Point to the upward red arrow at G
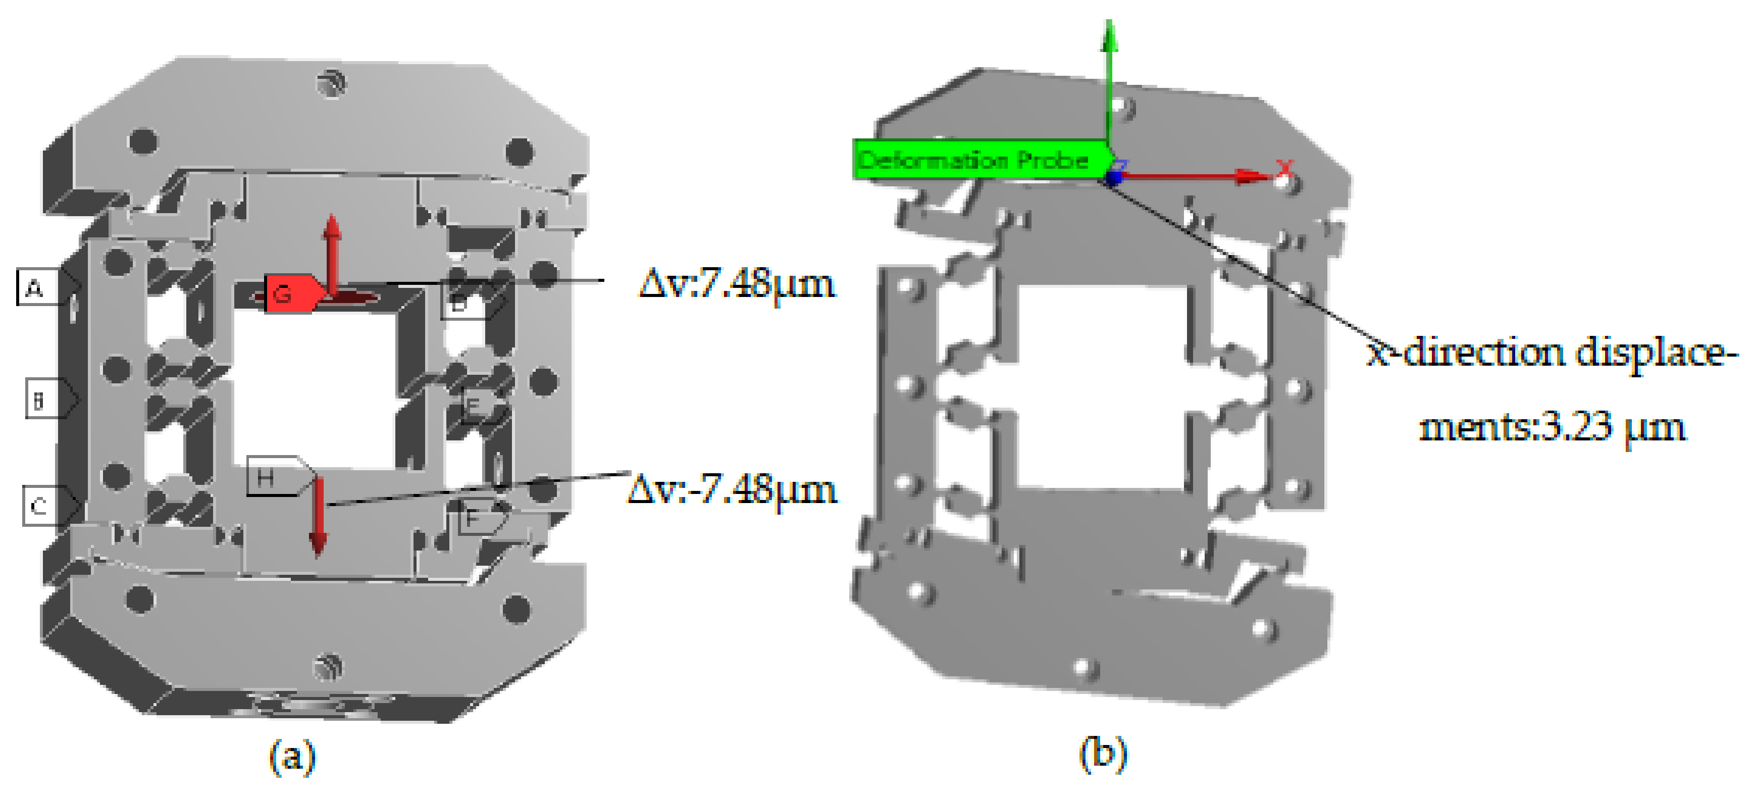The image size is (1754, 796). [332, 252]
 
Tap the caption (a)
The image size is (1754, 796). [292, 755]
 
